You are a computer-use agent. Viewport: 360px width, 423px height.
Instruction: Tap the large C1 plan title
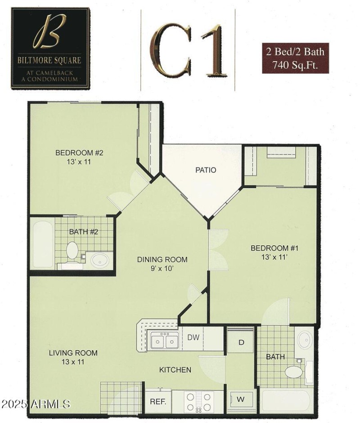188,49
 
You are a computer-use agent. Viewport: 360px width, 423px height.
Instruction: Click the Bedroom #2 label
79,153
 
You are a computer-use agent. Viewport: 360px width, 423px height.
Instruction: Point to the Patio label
206,170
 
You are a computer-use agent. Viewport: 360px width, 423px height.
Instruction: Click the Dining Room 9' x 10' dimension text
162,269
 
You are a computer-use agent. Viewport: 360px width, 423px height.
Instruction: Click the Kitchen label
175,370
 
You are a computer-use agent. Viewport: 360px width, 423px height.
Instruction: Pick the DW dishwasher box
193,337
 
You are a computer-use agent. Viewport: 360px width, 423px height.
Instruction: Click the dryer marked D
241,342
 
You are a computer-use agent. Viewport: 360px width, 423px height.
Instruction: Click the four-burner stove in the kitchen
198,401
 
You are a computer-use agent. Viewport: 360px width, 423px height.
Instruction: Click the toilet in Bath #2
72,250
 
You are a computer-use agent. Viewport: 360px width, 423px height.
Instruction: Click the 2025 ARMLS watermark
36,404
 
